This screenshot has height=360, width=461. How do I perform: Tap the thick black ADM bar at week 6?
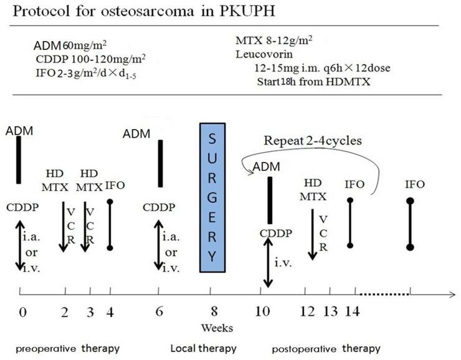(x=161, y=163)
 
